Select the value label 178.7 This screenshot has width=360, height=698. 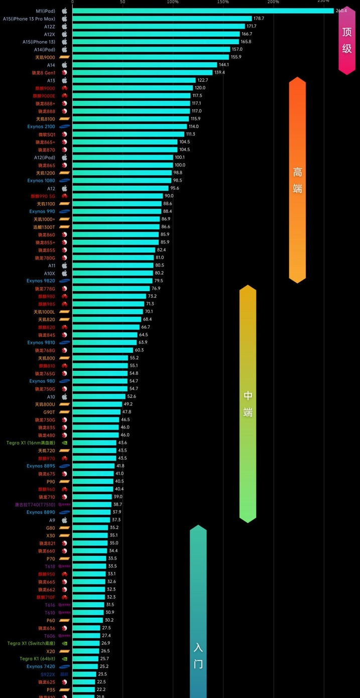coord(259,19)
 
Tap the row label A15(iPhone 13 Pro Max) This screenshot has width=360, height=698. coord(29,19)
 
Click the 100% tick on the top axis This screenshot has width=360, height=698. coord(173,2)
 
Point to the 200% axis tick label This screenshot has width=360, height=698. coord(273,2)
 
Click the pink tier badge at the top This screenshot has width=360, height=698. coord(347,40)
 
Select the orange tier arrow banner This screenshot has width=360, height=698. coord(297,180)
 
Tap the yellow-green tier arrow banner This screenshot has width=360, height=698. coord(248,403)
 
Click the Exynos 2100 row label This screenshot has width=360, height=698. coord(41,126)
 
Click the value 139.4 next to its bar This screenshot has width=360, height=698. coord(219,73)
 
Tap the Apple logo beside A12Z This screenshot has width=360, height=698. coord(64,26)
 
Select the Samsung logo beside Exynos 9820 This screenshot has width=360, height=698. coord(64,281)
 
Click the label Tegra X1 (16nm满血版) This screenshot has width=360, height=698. coord(31,443)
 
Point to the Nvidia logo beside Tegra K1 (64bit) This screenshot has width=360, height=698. coord(64,659)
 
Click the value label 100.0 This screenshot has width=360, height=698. coord(180,165)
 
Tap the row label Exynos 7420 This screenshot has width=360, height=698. coord(41,666)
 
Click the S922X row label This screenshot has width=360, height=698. coord(48,674)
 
